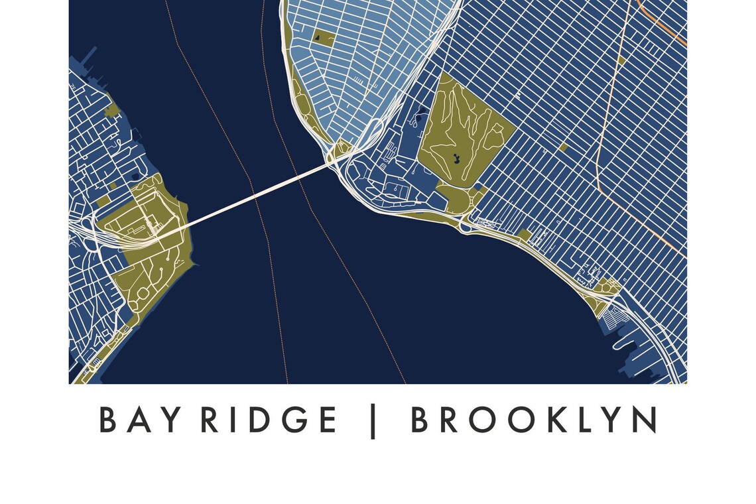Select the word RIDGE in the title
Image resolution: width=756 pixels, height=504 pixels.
pyautogui.click(x=269, y=420)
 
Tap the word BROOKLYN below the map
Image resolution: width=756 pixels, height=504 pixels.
pyautogui.click(x=534, y=420)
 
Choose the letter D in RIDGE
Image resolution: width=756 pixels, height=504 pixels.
pyautogui.click(x=263, y=420)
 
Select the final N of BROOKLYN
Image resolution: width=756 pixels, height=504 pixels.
pyautogui.click(x=645, y=420)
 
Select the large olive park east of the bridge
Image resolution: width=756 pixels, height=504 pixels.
pyautogui.click(x=464, y=133)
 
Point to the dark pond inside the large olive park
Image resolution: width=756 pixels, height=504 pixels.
pyautogui.click(x=456, y=158)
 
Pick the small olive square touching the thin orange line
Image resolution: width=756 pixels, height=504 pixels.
pyautogui.click(x=621, y=60)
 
